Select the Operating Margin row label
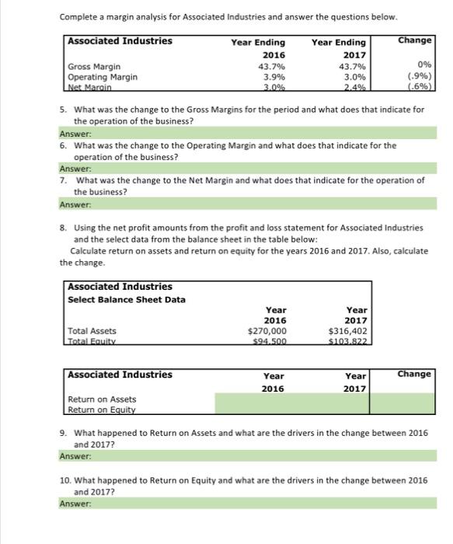tap(103, 77)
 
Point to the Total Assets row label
tap(92, 330)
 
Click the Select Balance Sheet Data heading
tap(127, 299)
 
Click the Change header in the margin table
tap(413, 39)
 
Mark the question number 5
tap(64, 110)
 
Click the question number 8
tap(64, 228)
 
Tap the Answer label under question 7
tap(75, 204)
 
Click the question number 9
tap(64, 432)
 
